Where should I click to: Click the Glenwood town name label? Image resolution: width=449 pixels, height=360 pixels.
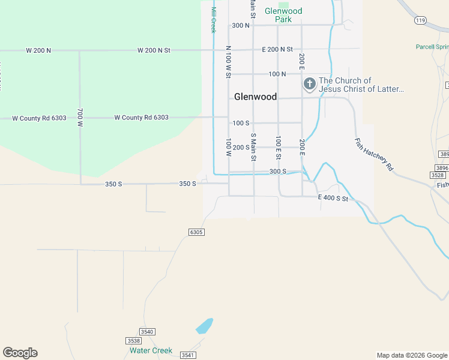(255, 97)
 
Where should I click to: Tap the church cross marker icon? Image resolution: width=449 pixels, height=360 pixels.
(309, 85)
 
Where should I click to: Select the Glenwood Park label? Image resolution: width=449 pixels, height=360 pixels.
(284, 15)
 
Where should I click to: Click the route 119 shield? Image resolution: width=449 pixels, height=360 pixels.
(420, 20)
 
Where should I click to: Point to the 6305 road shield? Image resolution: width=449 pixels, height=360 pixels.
(196, 232)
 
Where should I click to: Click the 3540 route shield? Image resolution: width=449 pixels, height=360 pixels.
(146, 331)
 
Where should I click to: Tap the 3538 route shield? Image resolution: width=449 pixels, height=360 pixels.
(133, 341)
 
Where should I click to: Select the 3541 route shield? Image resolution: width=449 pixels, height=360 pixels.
(188, 355)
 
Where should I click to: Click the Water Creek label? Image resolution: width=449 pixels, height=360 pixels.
(151, 350)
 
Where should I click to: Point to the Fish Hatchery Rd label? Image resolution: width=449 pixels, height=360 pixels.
(373, 155)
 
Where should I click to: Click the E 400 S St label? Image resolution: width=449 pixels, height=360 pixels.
(333, 198)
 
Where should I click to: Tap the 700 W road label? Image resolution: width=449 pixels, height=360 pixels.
(80, 118)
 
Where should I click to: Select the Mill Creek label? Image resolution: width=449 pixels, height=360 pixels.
(212, 19)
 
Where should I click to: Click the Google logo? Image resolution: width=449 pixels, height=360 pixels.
(20, 352)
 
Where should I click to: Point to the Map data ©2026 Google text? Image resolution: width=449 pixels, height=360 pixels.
(412, 355)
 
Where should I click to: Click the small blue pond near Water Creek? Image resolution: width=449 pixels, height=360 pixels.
(204, 326)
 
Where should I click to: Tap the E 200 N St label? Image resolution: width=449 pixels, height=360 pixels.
(277, 49)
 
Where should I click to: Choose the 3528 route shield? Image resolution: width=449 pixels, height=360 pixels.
(438, 175)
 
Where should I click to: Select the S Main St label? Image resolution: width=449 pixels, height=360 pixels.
(253, 147)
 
